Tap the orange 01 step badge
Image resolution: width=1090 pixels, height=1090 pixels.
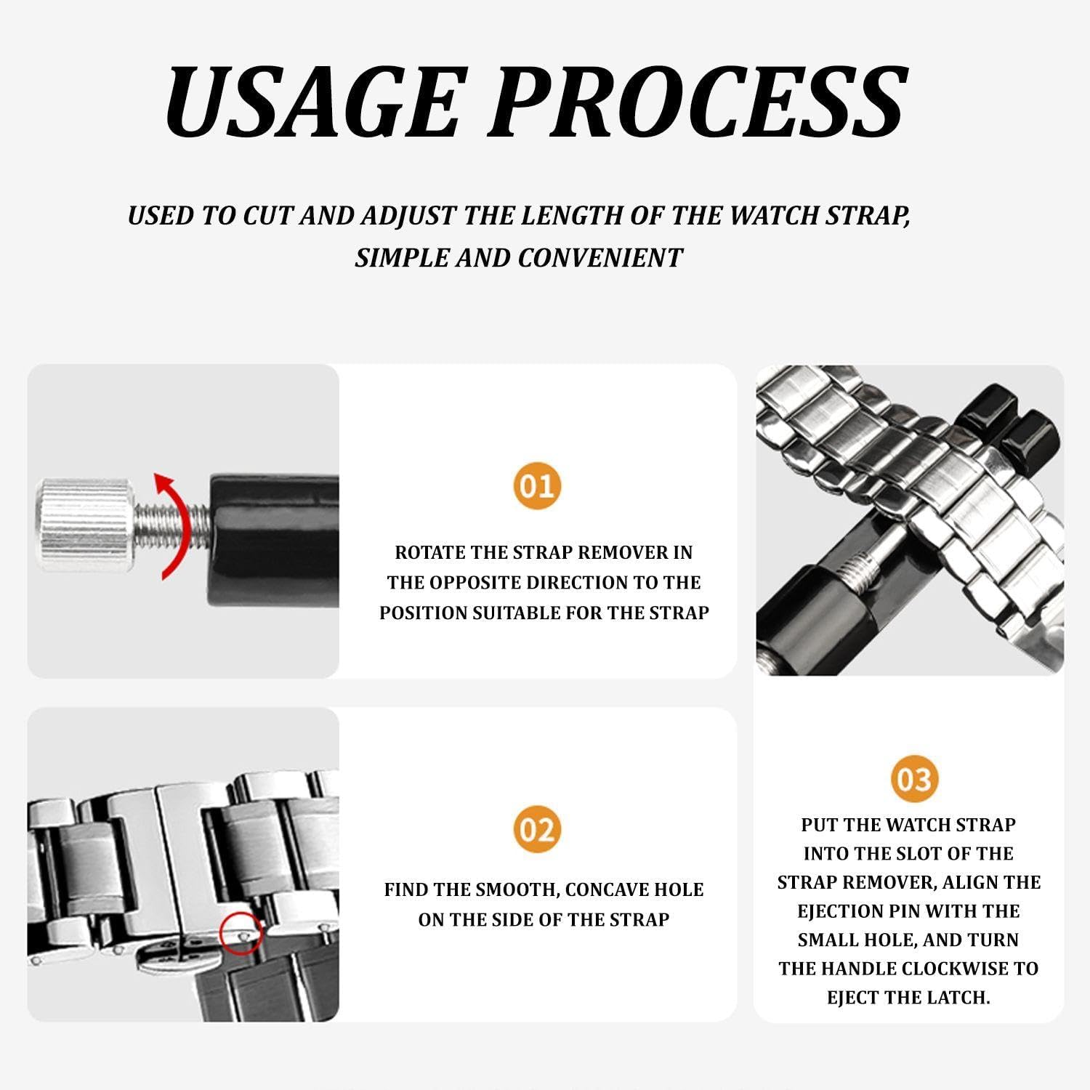pos(537,485)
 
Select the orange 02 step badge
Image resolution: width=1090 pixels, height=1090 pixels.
pos(537,829)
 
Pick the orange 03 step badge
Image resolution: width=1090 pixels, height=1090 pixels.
pos(914,779)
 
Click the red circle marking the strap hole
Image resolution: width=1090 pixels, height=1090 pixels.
pos(241,933)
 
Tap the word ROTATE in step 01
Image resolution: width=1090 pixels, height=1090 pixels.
pos(429,552)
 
